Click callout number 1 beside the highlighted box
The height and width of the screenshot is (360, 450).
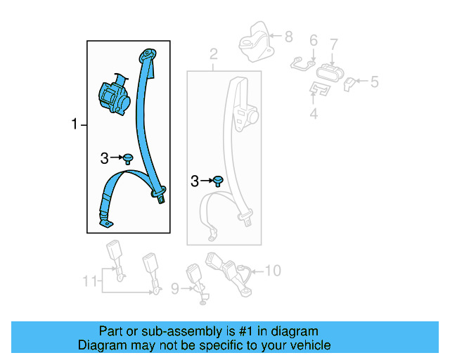pos(74,125)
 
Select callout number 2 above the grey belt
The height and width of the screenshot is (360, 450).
pos(214,53)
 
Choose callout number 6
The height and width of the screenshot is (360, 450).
pos(313,40)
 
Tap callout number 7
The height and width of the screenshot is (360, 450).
pos(334,44)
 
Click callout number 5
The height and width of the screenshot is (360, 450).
pos(374,82)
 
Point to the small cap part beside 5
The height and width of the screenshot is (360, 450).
pos(350,84)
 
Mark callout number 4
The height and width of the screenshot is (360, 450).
pos(314,112)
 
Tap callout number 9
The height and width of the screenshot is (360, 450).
pos(176,287)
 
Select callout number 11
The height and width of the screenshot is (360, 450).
pos(89,281)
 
